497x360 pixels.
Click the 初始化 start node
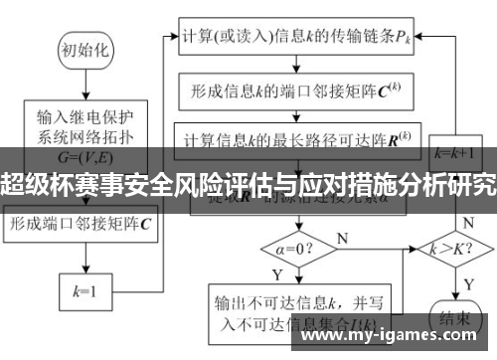(84, 48)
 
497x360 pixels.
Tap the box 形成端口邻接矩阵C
(84, 225)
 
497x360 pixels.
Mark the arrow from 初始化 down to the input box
(84, 86)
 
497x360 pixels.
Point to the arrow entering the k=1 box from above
(84, 264)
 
